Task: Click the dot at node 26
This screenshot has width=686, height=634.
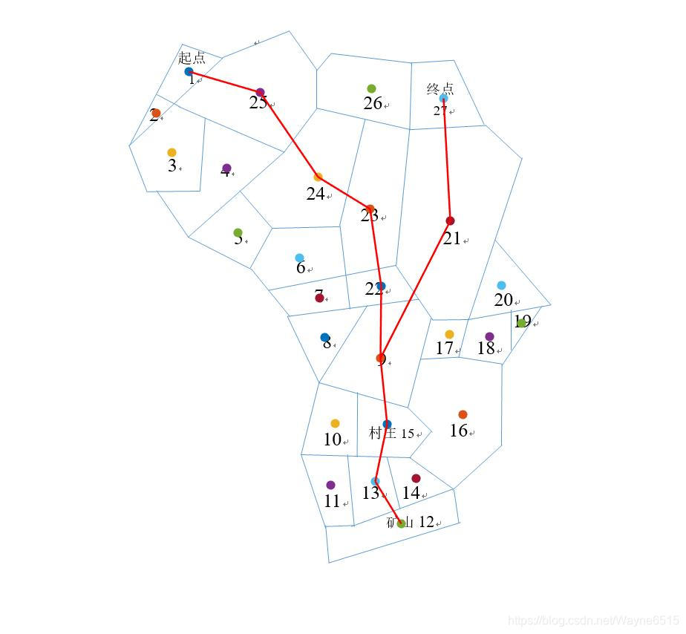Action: point(371,89)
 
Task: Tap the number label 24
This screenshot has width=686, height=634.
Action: point(316,194)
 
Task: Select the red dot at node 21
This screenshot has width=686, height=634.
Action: point(450,220)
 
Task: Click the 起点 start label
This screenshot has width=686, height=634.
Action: point(192,58)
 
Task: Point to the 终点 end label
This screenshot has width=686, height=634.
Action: point(440,89)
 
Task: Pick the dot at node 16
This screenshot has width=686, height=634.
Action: point(463,414)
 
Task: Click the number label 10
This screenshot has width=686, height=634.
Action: point(332,439)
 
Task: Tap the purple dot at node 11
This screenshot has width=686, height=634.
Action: point(330,485)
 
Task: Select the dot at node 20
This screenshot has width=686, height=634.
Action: point(501,286)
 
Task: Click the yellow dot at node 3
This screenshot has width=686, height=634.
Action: point(171,153)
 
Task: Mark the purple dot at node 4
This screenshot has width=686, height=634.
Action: point(226,169)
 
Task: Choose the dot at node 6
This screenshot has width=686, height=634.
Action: point(299,258)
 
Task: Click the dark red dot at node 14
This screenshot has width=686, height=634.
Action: point(416,478)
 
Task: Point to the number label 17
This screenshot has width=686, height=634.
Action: point(444,348)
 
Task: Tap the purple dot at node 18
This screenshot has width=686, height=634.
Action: point(489,337)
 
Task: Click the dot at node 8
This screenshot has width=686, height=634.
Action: point(324,338)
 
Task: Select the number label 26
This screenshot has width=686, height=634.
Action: point(373,104)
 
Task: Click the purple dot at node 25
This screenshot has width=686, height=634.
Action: point(260,92)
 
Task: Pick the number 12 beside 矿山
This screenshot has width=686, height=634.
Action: point(426,522)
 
